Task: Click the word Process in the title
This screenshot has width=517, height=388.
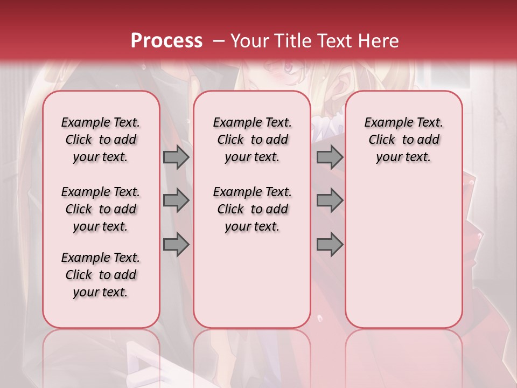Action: coord(166,41)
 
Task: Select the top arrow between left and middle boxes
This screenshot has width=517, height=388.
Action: coord(176,157)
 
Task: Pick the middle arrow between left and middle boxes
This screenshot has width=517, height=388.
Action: coord(176,200)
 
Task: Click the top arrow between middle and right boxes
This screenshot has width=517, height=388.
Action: coord(330,157)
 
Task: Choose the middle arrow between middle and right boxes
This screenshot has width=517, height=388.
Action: coord(330,200)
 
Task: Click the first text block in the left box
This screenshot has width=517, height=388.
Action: coord(101,140)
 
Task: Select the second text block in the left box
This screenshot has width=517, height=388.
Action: coord(101,209)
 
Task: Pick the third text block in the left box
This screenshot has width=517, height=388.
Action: coord(101,275)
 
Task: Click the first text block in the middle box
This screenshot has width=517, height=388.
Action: coord(252,140)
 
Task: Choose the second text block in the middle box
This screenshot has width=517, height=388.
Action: coord(252,209)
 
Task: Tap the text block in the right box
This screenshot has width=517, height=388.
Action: coord(403,140)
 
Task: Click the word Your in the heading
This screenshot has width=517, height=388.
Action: coord(249,41)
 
